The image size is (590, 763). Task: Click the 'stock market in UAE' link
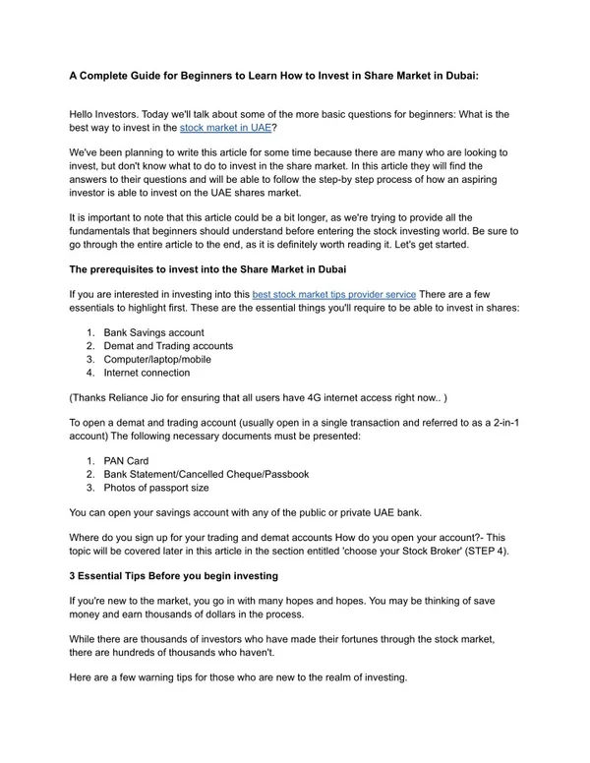pyautogui.click(x=226, y=128)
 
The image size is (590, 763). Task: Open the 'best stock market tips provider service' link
pyautogui.click(x=334, y=294)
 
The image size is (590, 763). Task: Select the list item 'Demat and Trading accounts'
pyautogui.click(x=168, y=346)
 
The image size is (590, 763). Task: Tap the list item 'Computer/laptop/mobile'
pyautogui.click(x=157, y=360)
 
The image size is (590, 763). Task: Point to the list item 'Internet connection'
pyautogui.click(x=147, y=374)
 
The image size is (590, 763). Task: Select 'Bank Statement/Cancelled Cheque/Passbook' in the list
pyautogui.click(x=206, y=474)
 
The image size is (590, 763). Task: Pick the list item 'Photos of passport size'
pyautogui.click(x=156, y=488)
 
